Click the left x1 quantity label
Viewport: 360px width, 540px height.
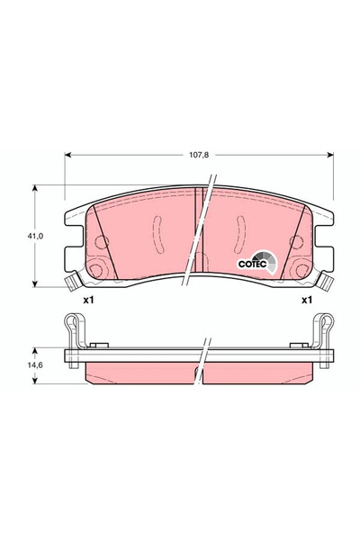tap(88, 300)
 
